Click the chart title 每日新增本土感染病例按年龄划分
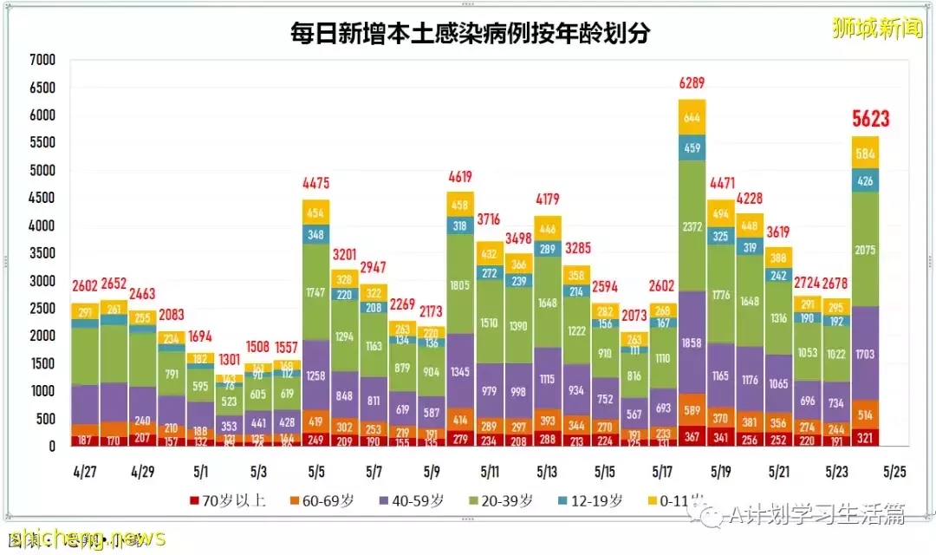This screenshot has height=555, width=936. (470, 34)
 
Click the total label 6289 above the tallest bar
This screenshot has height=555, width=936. (692, 84)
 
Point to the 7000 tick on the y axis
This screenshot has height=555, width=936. (42, 61)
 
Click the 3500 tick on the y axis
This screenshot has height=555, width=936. (42, 253)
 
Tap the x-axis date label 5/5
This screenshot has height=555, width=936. (315, 473)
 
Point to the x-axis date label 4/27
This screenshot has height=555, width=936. (84, 473)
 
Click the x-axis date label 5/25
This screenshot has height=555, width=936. (894, 473)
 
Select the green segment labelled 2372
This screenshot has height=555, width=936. (692, 227)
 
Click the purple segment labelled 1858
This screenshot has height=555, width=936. (692, 344)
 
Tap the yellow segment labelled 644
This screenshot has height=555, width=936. (692, 118)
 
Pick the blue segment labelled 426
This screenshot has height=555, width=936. (865, 181)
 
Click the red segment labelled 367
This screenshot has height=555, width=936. (692, 436)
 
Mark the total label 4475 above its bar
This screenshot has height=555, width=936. (315, 183)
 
